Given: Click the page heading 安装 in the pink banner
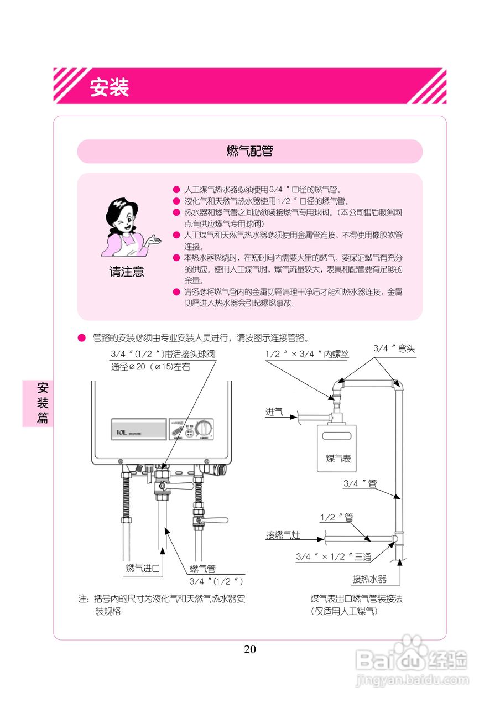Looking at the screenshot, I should point(110,87).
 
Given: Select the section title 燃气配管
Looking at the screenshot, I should point(249,151).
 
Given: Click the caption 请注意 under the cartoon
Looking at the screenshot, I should point(126,272).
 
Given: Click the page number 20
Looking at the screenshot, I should point(250,649).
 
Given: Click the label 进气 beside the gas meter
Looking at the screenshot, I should point(274,412).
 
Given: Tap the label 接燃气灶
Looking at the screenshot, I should point(283,535).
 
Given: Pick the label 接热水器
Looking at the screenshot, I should point(369,580).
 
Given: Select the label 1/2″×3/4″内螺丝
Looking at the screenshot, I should point(307,354).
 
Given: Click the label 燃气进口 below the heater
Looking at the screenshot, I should point(143,568).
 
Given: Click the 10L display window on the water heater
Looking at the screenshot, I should point(138,429).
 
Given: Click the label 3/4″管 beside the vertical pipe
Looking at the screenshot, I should point(360,483).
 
